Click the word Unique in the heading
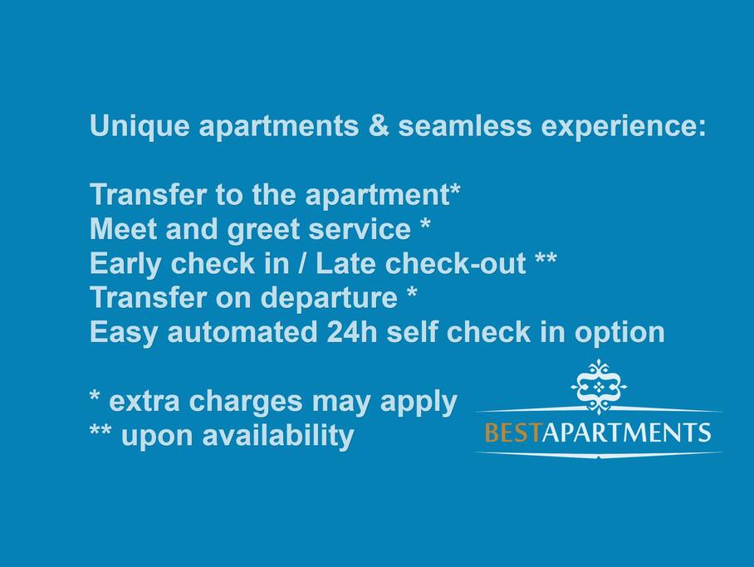point(140,127)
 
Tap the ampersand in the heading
point(379,125)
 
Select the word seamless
point(464,125)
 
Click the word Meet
point(123,229)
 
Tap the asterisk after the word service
point(425,223)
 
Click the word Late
point(345,263)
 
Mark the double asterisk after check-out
point(546,258)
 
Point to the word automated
point(242,332)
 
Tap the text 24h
point(352,332)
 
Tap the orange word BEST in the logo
point(512,432)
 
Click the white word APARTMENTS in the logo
point(626,432)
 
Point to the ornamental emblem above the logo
point(599,387)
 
